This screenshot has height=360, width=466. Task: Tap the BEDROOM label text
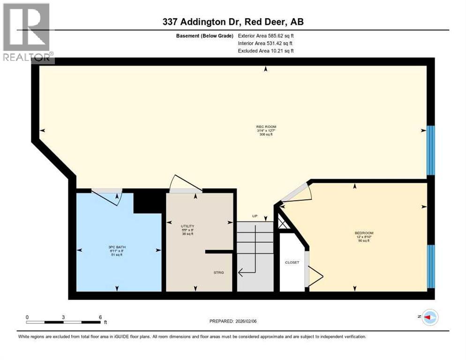pyautogui.click(x=364, y=233)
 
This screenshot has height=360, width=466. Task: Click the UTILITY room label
pyautogui.click(x=188, y=226)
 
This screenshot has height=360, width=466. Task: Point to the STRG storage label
pyautogui.click(x=219, y=272)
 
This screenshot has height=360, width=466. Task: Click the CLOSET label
pyautogui.click(x=292, y=262)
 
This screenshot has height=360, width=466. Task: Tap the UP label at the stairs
pyautogui.click(x=255, y=216)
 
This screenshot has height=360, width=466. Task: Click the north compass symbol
pyautogui.click(x=430, y=317)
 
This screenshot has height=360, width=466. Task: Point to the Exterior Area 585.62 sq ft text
pyautogui.click(x=266, y=36)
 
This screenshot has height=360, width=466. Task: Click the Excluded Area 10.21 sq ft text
pyautogui.click(x=266, y=51)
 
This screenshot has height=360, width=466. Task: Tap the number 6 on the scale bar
pyautogui.click(x=100, y=317)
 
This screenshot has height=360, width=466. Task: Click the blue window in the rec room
pyautogui.click(x=431, y=150)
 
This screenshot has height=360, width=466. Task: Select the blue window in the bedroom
pyautogui.click(x=431, y=266)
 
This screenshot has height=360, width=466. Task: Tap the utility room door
pyautogui.click(x=185, y=185)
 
